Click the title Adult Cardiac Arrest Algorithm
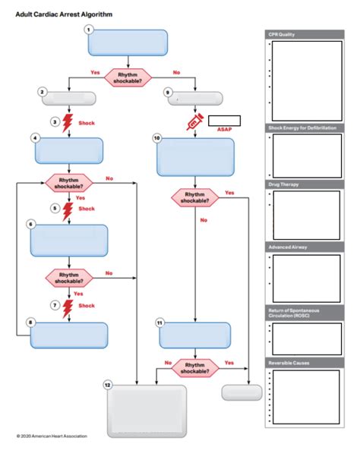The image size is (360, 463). tap(57, 14)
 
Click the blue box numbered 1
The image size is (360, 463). tap(128, 43)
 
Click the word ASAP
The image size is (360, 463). tap(224, 129)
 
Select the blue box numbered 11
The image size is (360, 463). tap(195, 334)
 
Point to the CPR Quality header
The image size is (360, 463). tap(282, 34)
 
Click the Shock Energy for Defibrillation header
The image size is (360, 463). tap(302, 128)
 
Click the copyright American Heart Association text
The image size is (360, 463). tap(52, 436)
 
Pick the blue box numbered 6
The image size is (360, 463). tap(69, 241)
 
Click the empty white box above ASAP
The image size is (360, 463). tap(224, 120)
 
